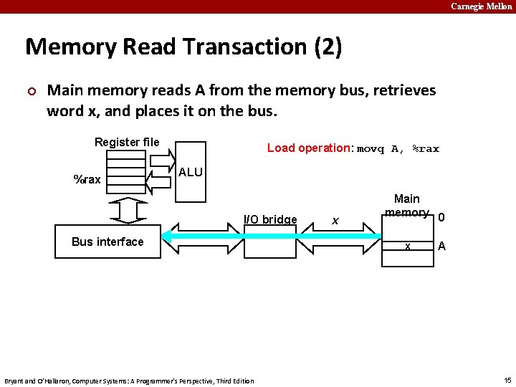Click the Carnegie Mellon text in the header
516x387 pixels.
pos(481,6)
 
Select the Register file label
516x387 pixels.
pos(127,142)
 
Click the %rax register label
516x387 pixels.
pos(87,179)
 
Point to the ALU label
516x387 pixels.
pos(191,173)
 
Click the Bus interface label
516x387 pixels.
pos(107,242)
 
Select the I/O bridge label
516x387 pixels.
pos(270,219)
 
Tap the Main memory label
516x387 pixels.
pos(406,205)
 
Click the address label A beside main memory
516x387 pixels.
pos(441,246)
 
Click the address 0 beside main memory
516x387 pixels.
pos(441,218)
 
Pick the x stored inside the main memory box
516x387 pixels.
pos(407,246)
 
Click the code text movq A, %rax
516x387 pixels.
pos(398,149)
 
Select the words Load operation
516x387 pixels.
pos(308,148)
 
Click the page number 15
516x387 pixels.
pos(506,380)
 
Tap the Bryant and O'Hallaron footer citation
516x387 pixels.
pos(129,381)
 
